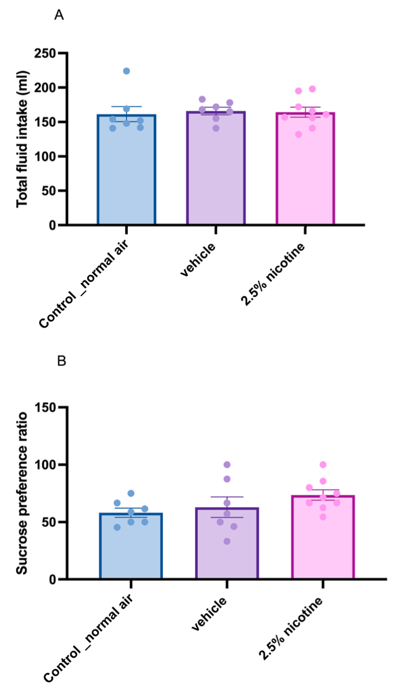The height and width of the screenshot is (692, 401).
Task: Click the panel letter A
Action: [x=59, y=15]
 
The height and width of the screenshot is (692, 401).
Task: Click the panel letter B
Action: [x=61, y=362]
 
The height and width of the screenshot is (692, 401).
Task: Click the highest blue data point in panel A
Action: [x=126, y=71]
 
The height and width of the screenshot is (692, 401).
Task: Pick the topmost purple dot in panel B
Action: [x=227, y=464]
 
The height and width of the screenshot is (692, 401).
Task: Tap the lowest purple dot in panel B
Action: [x=227, y=541]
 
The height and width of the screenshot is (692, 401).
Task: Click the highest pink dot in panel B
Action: [x=323, y=464]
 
